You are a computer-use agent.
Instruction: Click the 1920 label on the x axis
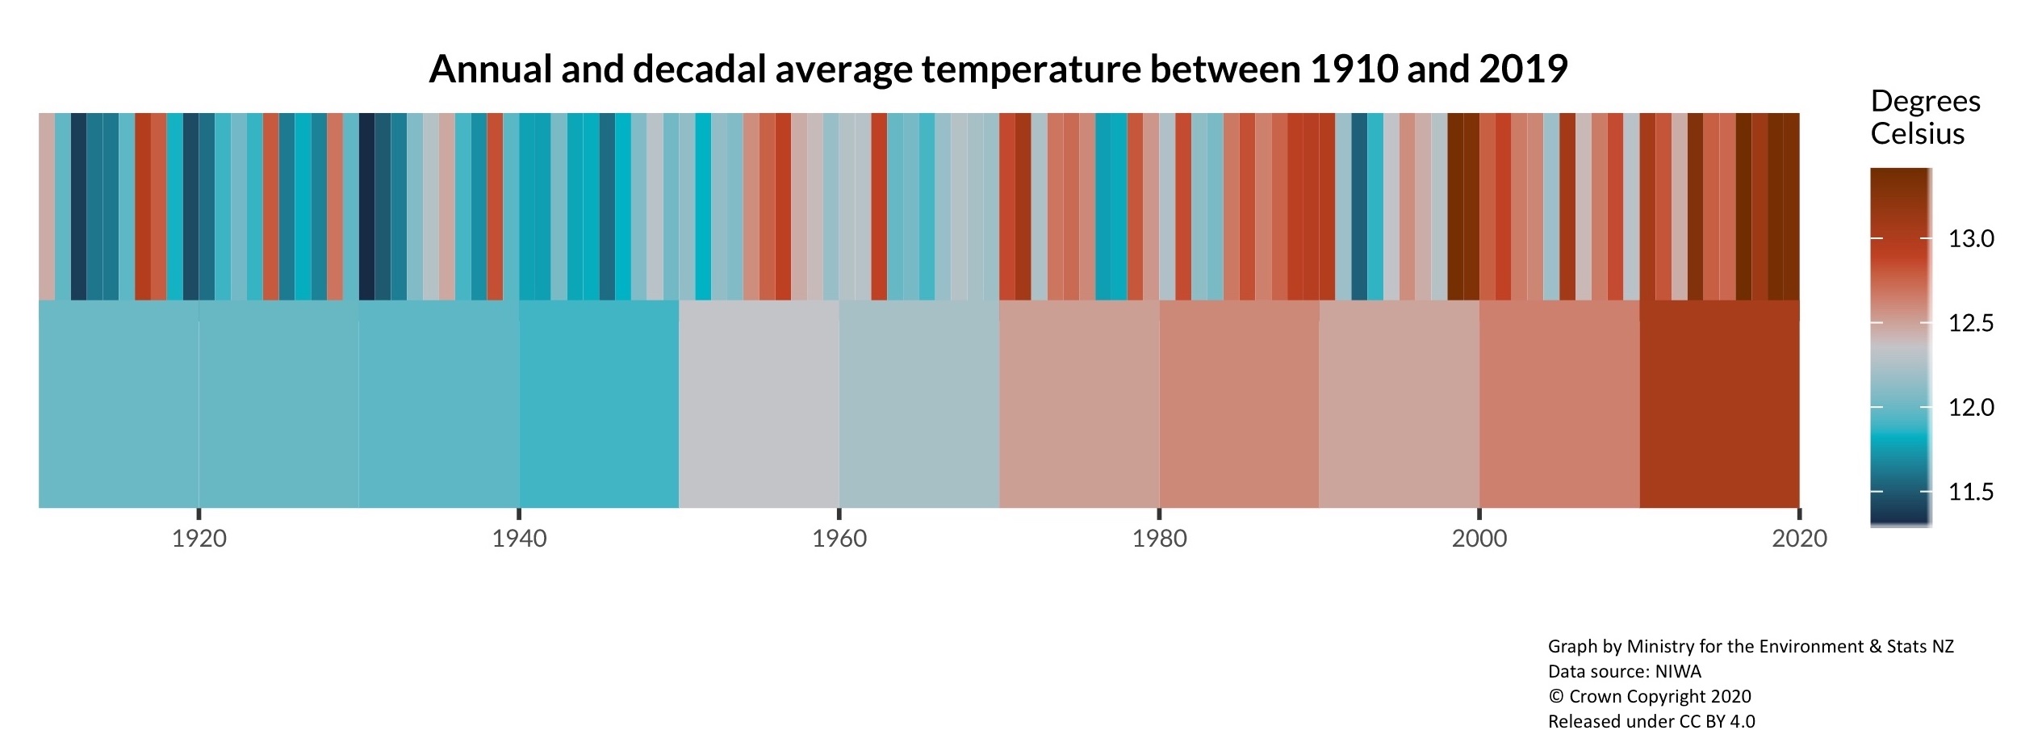(x=199, y=539)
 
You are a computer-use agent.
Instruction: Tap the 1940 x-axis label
(x=519, y=539)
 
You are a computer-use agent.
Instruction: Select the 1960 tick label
(x=839, y=539)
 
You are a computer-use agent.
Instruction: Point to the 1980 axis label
(x=1159, y=539)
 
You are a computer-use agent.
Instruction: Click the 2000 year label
(x=1479, y=539)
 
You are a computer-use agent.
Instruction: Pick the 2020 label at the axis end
(x=1799, y=539)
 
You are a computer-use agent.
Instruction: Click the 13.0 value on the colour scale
(x=1971, y=239)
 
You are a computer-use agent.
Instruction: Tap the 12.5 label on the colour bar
(x=1971, y=323)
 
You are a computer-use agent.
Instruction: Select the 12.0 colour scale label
(x=1971, y=407)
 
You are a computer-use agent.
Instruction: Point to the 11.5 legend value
(x=1971, y=492)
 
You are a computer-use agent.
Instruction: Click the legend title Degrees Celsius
(x=1925, y=117)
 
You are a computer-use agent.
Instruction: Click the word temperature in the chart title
(x=1031, y=69)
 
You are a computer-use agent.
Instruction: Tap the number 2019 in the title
(x=1523, y=69)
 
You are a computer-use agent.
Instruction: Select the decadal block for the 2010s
(x=1719, y=404)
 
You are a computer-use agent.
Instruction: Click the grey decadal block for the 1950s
(x=759, y=404)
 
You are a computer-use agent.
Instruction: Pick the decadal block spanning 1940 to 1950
(x=598, y=404)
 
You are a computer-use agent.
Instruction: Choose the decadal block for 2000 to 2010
(x=1559, y=404)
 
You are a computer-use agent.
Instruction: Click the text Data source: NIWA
(x=1624, y=671)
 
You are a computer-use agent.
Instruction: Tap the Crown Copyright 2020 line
(x=1649, y=696)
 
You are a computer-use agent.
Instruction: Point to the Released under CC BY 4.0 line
(x=1651, y=721)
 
